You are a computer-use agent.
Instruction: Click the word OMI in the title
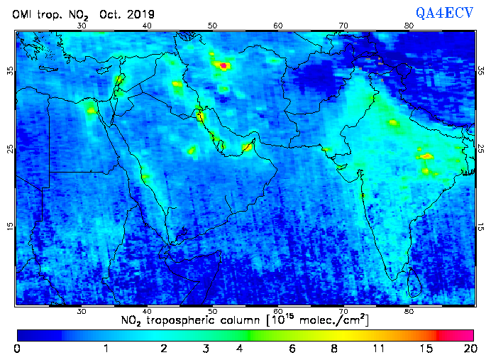tap(23, 14)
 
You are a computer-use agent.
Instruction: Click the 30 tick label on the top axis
tap(82, 26)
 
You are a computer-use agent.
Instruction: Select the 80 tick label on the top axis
tap(409, 26)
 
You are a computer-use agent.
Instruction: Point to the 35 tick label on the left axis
tap(9, 71)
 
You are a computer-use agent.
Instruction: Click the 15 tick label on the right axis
tap(481, 227)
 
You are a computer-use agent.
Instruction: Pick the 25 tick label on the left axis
tap(9, 149)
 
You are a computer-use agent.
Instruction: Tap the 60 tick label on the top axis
tap(278, 26)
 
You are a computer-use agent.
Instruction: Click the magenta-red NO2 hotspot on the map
tap(224, 65)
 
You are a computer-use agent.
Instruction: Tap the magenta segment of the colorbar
tap(456, 334)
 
